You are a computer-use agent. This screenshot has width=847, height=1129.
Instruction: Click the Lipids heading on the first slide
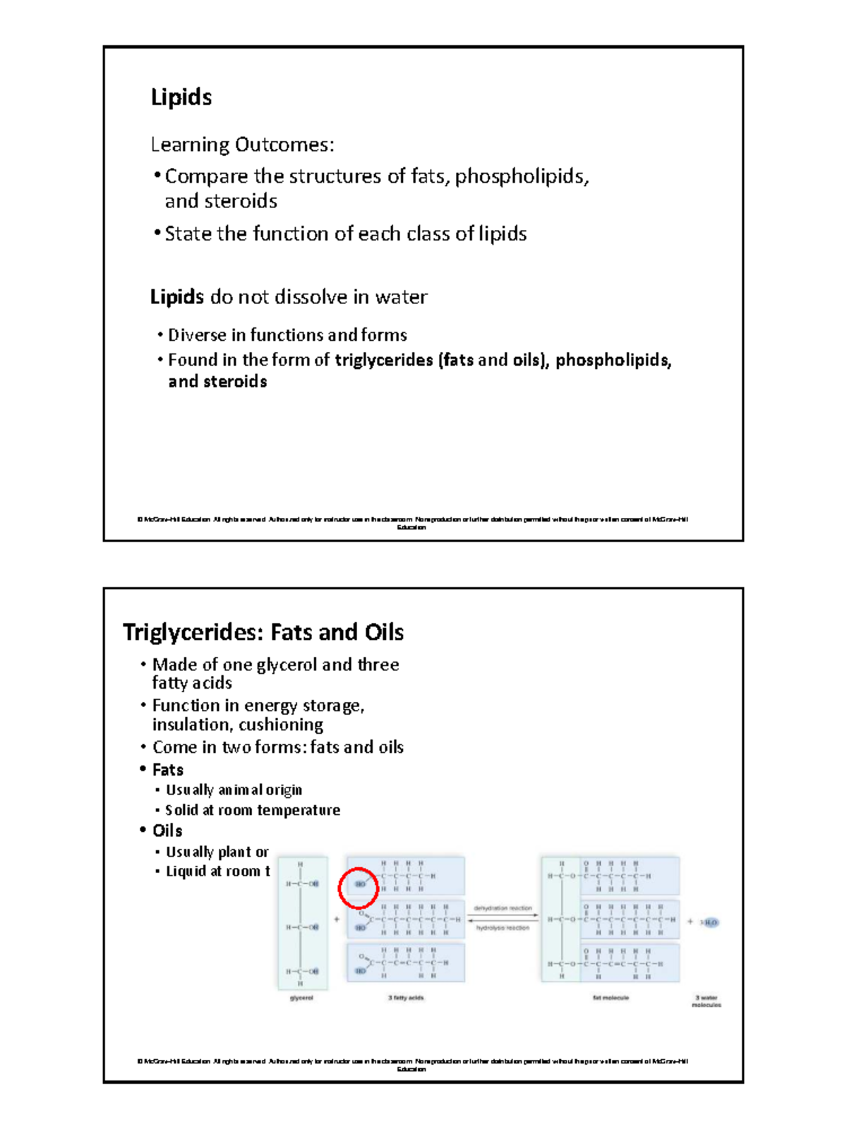tap(181, 97)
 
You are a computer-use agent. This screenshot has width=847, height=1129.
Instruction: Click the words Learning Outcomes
tap(242, 145)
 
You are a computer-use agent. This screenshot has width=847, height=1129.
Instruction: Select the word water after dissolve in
tap(401, 297)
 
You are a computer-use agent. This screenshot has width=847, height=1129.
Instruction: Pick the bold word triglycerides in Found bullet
tap(384, 360)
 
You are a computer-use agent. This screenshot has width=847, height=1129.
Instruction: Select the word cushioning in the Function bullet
tap(281, 725)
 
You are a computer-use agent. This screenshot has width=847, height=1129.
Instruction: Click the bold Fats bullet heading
tap(168, 770)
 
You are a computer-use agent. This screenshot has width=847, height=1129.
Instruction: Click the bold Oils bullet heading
tap(167, 831)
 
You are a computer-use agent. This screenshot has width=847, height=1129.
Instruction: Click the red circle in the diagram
tap(358, 887)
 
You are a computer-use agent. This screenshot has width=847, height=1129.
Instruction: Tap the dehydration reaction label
tap(503, 908)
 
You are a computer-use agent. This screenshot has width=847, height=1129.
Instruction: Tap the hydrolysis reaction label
tap(503, 928)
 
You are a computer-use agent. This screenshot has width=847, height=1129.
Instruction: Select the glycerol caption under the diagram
tap(301, 998)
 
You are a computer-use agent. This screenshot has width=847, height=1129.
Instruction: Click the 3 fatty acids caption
tap(406, 998)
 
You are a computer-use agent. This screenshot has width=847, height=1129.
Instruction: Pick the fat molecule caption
tap(611, 998)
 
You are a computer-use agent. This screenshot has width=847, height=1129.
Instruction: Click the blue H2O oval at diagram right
tap(709, 922)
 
